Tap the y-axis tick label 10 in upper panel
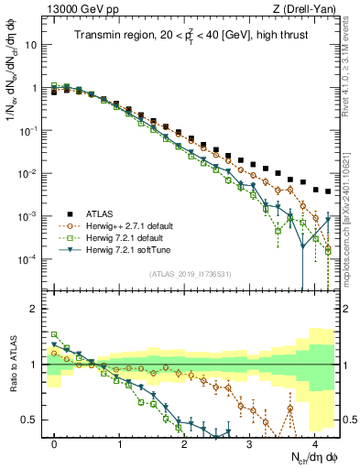coord(31,44)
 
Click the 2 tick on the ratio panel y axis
coord(33,309)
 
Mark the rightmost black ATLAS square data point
coord(328,191)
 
